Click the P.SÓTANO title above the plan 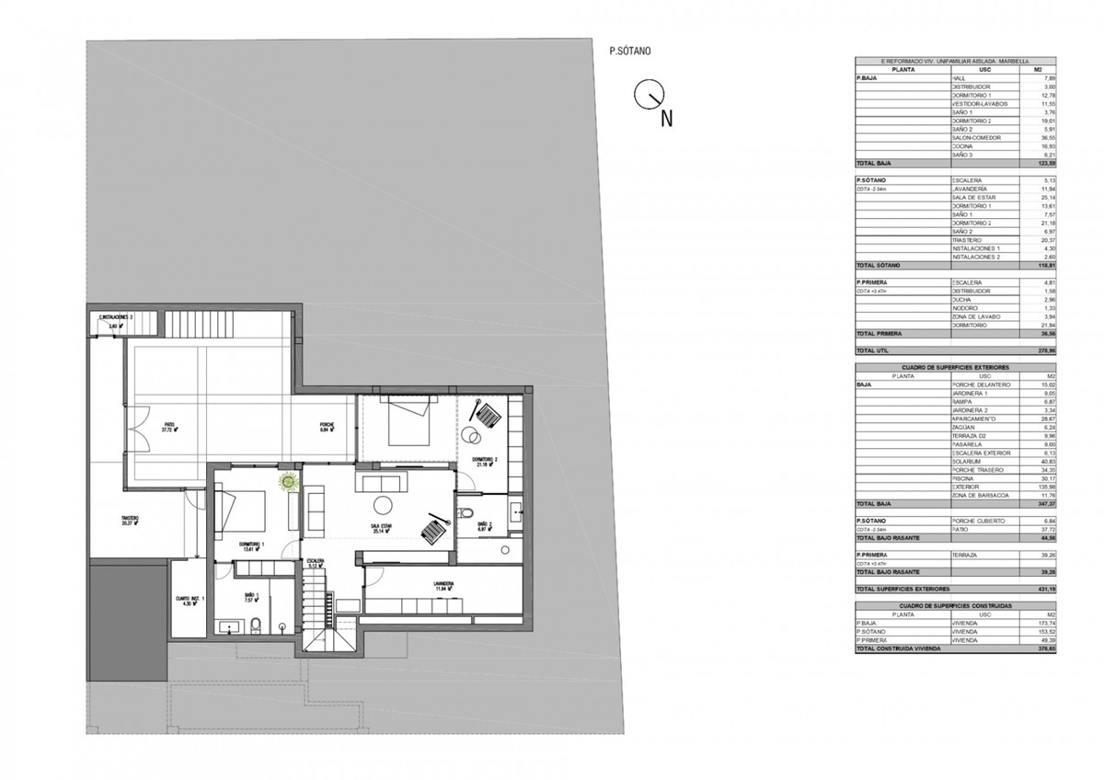pyautogui.click(x=630, y=53)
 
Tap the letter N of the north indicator pyautogui.click(x=668, y=117)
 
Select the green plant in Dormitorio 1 pyautogui.click(x=289, y=480)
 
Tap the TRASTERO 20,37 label pyautogui.click(x=129, y=522)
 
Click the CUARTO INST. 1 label pyautogui.click(x=192, y=602)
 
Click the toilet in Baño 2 pyautogui.click(x=466, y=513)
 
